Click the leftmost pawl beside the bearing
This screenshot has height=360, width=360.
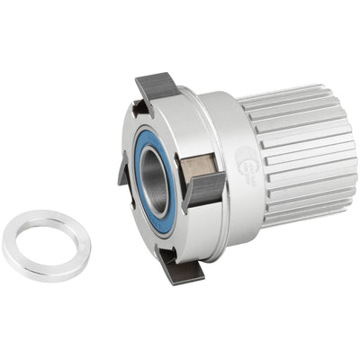[x=123, y=169]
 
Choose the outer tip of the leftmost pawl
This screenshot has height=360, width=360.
[x=119, y=175]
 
